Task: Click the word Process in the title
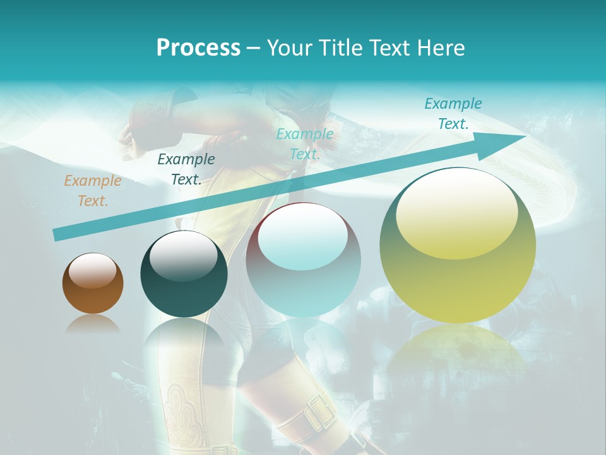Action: [198, 48]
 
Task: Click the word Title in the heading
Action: [341, 48]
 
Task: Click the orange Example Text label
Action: [93, 191]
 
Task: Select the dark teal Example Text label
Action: [186, 169]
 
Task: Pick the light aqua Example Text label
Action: [305, 144]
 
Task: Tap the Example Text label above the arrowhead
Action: [453, 114]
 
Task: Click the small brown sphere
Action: [93, 291]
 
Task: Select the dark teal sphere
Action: [184, 281]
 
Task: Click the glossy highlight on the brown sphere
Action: [93, 270]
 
